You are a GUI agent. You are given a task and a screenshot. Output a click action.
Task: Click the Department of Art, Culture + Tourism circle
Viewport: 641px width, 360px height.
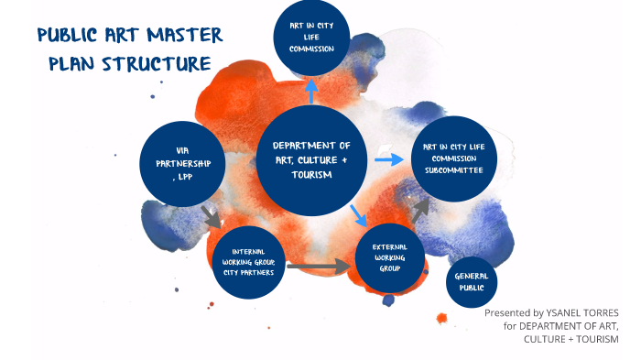pos(311,161)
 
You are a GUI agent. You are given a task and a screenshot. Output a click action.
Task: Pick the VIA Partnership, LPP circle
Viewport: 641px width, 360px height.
pos(181,164)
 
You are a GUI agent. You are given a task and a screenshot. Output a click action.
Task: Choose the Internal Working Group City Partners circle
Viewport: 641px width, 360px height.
pos(247,262)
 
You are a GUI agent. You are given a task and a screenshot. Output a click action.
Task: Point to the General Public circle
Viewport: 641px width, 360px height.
pos(471,281)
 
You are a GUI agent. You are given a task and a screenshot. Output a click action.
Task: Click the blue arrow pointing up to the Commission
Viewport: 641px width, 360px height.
pos(311,91)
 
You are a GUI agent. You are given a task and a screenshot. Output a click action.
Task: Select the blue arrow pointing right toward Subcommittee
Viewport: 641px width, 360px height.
pos(389,159)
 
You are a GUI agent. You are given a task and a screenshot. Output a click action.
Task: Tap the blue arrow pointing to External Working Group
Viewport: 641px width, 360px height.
pos(359,216)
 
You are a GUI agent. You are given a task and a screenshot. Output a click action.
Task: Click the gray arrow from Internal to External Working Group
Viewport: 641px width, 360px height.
pos(319,267)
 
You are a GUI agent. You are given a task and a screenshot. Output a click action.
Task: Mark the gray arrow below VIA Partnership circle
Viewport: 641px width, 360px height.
pos(212,217)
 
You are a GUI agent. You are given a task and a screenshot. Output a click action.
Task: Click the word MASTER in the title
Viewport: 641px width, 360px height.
pos(187,37)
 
